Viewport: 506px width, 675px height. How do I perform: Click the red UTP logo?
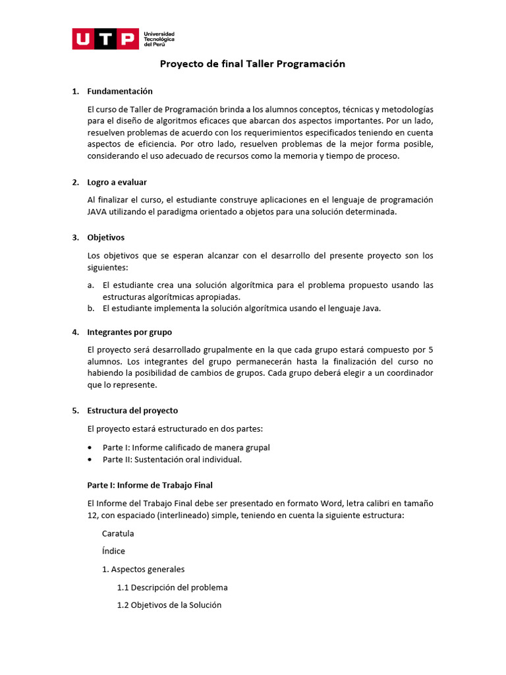coord(105,40)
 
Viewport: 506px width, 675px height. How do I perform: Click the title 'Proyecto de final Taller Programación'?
coord(253,64)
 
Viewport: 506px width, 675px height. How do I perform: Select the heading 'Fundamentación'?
coord(120,91)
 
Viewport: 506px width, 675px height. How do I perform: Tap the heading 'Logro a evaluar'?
coord(117,182)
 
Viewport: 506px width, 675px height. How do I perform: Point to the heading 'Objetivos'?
coord(105,237)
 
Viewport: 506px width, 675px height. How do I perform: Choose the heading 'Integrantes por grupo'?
coord(129,332)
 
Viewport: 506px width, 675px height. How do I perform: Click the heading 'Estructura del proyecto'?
coord(132,410)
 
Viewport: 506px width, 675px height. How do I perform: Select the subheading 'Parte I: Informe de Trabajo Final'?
coord(150,485)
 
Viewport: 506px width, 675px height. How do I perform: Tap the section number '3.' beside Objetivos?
coord(75,237)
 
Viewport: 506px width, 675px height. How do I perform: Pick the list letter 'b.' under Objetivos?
coord(91,308)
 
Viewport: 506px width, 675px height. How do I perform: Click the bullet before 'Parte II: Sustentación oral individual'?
coord(90,459)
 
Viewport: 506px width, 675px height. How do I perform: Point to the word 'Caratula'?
coord(118,533)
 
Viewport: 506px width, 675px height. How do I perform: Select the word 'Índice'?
coord(113,551)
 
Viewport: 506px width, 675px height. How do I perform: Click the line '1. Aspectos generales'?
coord(143,569)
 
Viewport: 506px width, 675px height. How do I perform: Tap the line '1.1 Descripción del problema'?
coord(172,587)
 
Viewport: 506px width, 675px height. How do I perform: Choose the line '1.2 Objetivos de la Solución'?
coord(169,605)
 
